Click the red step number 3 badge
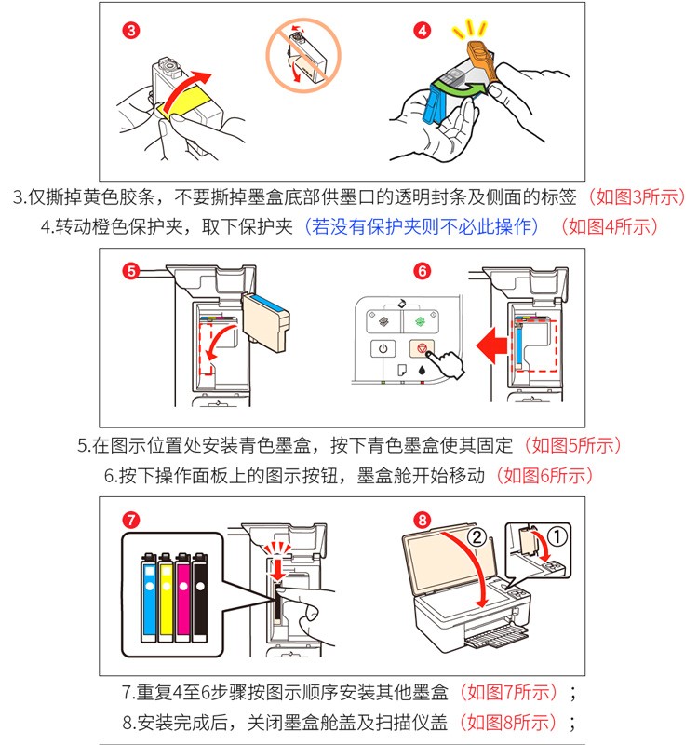pos(132,31)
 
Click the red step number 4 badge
pos(423,31)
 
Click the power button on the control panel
pos(383,349)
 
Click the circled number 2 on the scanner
pos(476,536)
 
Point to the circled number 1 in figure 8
pos(557,535)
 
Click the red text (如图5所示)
pos(573,445)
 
